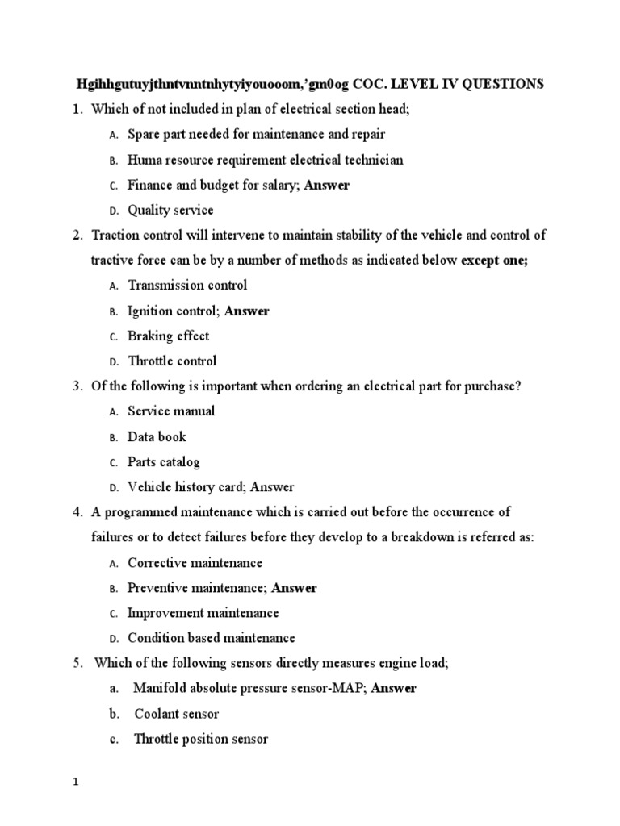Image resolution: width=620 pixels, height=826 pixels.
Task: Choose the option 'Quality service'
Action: point(170,210)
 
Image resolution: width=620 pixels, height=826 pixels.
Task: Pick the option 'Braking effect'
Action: point(168,336)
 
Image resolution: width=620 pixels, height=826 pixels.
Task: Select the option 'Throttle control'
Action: point(172,361)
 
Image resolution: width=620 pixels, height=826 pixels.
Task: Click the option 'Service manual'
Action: point(171,411)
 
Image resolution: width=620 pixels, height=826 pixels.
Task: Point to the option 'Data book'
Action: point(157,436)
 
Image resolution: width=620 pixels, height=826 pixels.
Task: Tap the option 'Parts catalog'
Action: point(163,462)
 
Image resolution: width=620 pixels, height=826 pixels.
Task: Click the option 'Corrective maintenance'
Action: point(195,562)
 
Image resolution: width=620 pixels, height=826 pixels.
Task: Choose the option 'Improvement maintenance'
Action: point(203,613)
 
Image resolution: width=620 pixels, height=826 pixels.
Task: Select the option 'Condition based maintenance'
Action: point(212,638)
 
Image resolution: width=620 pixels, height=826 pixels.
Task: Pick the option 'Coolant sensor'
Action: point(176,714)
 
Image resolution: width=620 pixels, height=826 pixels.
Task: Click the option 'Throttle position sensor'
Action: point(201,739)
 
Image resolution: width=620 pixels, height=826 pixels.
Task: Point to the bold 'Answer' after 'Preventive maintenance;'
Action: point(294,587)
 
